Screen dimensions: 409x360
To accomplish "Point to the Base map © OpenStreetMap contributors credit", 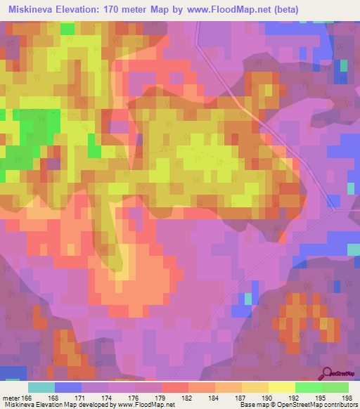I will [x=297, y=404].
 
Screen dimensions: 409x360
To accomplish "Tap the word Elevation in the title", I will [x=82, y=9].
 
